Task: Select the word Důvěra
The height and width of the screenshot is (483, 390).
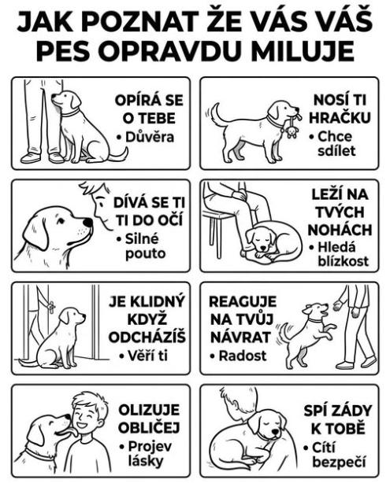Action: coord(150,137)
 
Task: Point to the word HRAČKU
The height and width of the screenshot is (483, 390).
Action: coord(340,118)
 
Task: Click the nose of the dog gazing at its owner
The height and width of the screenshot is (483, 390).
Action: coord(88,222)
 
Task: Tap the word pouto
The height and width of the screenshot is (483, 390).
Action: coord(145,254)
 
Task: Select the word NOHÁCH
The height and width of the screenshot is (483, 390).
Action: coord(340,230)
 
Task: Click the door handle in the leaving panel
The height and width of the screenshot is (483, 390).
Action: coord(51,306)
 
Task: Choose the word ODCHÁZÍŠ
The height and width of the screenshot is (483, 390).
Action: coord(147,337)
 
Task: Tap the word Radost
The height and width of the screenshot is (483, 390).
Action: coord(243,356)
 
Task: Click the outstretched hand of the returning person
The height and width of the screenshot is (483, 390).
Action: coord(337,305)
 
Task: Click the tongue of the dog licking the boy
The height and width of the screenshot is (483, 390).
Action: coord(72,432)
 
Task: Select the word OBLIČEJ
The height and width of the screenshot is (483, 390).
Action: coord(149,428)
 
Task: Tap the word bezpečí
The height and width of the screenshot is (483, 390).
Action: coord(339,463)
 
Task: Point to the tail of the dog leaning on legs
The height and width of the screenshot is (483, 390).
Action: coord(118,155)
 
